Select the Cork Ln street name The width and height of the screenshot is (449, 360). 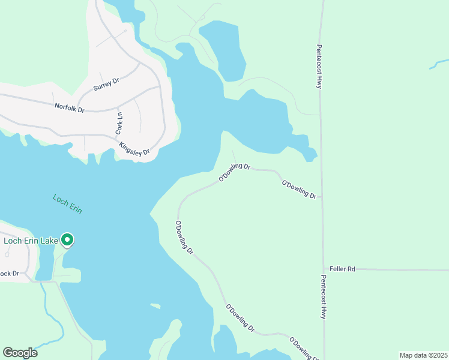point(119,123)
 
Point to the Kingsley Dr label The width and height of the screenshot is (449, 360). point(134,148)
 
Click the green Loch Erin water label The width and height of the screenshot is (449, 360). point(67,203)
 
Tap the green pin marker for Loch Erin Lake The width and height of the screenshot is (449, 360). point(67,240)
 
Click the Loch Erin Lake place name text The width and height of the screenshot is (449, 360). point(31,241)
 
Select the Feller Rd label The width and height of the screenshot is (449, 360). point(343,269)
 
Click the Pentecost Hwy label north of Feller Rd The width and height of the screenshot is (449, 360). point(319,67)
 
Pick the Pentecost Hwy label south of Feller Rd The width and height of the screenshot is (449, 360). point(324,297)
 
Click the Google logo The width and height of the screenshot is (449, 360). point(20,352)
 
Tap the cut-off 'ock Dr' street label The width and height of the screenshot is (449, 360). point(10,274)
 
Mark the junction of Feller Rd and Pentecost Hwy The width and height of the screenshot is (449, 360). point(323,269)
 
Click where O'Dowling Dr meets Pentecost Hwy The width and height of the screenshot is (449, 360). point(322,196)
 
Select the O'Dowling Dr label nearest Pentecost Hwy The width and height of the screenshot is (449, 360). point(299,188)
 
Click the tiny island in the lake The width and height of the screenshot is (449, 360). point(155,307)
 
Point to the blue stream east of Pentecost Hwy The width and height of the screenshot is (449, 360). point(438,64)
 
